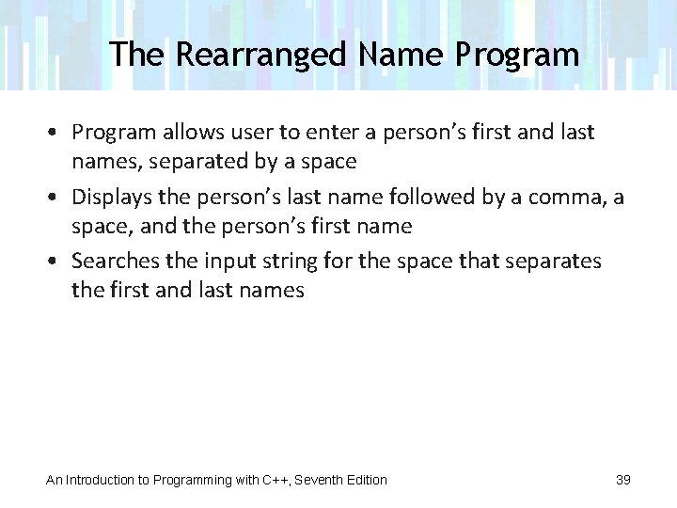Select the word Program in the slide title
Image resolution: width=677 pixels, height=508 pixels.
[517, 56]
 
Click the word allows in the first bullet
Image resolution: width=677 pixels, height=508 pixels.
[186, 132]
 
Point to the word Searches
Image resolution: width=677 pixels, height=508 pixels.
[115, 261]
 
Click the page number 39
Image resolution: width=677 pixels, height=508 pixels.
[623, 480]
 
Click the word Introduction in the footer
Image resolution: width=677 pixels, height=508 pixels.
[100, 480]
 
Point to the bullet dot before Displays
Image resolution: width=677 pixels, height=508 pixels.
[57, 198]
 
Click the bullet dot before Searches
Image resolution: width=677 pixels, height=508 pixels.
[57, 261]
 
